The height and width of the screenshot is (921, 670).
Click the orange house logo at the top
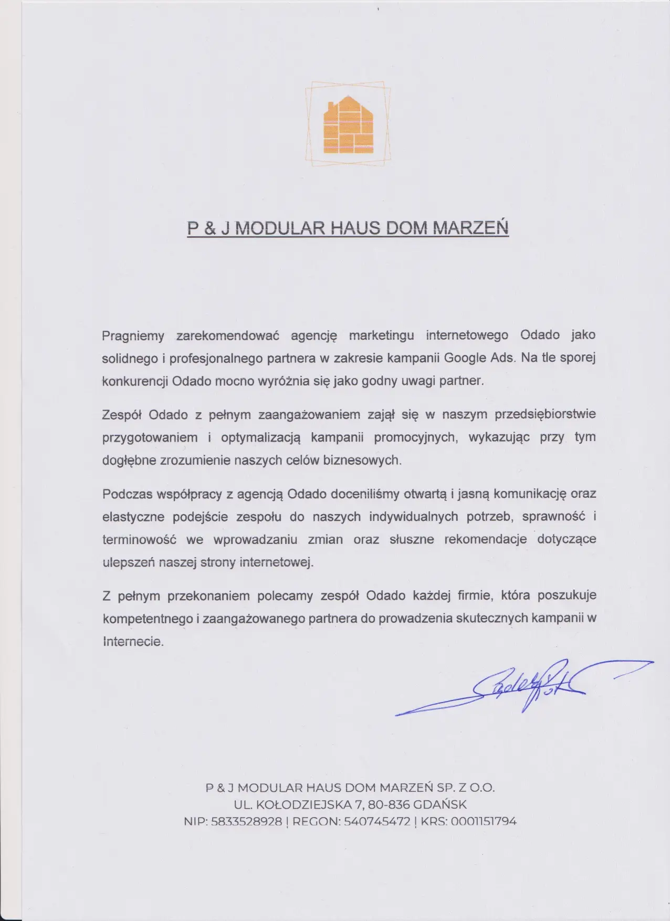348,124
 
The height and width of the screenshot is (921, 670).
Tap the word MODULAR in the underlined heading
278,228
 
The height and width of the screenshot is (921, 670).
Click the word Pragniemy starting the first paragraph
133,336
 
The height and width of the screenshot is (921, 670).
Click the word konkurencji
135,381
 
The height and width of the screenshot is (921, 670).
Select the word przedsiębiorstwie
545,414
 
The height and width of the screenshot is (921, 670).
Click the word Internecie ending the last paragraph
133,642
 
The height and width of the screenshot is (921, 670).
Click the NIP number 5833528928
246,821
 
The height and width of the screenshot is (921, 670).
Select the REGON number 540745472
376,821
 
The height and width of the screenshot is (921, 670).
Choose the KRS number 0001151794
483,821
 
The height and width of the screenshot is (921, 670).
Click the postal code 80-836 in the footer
389,804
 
